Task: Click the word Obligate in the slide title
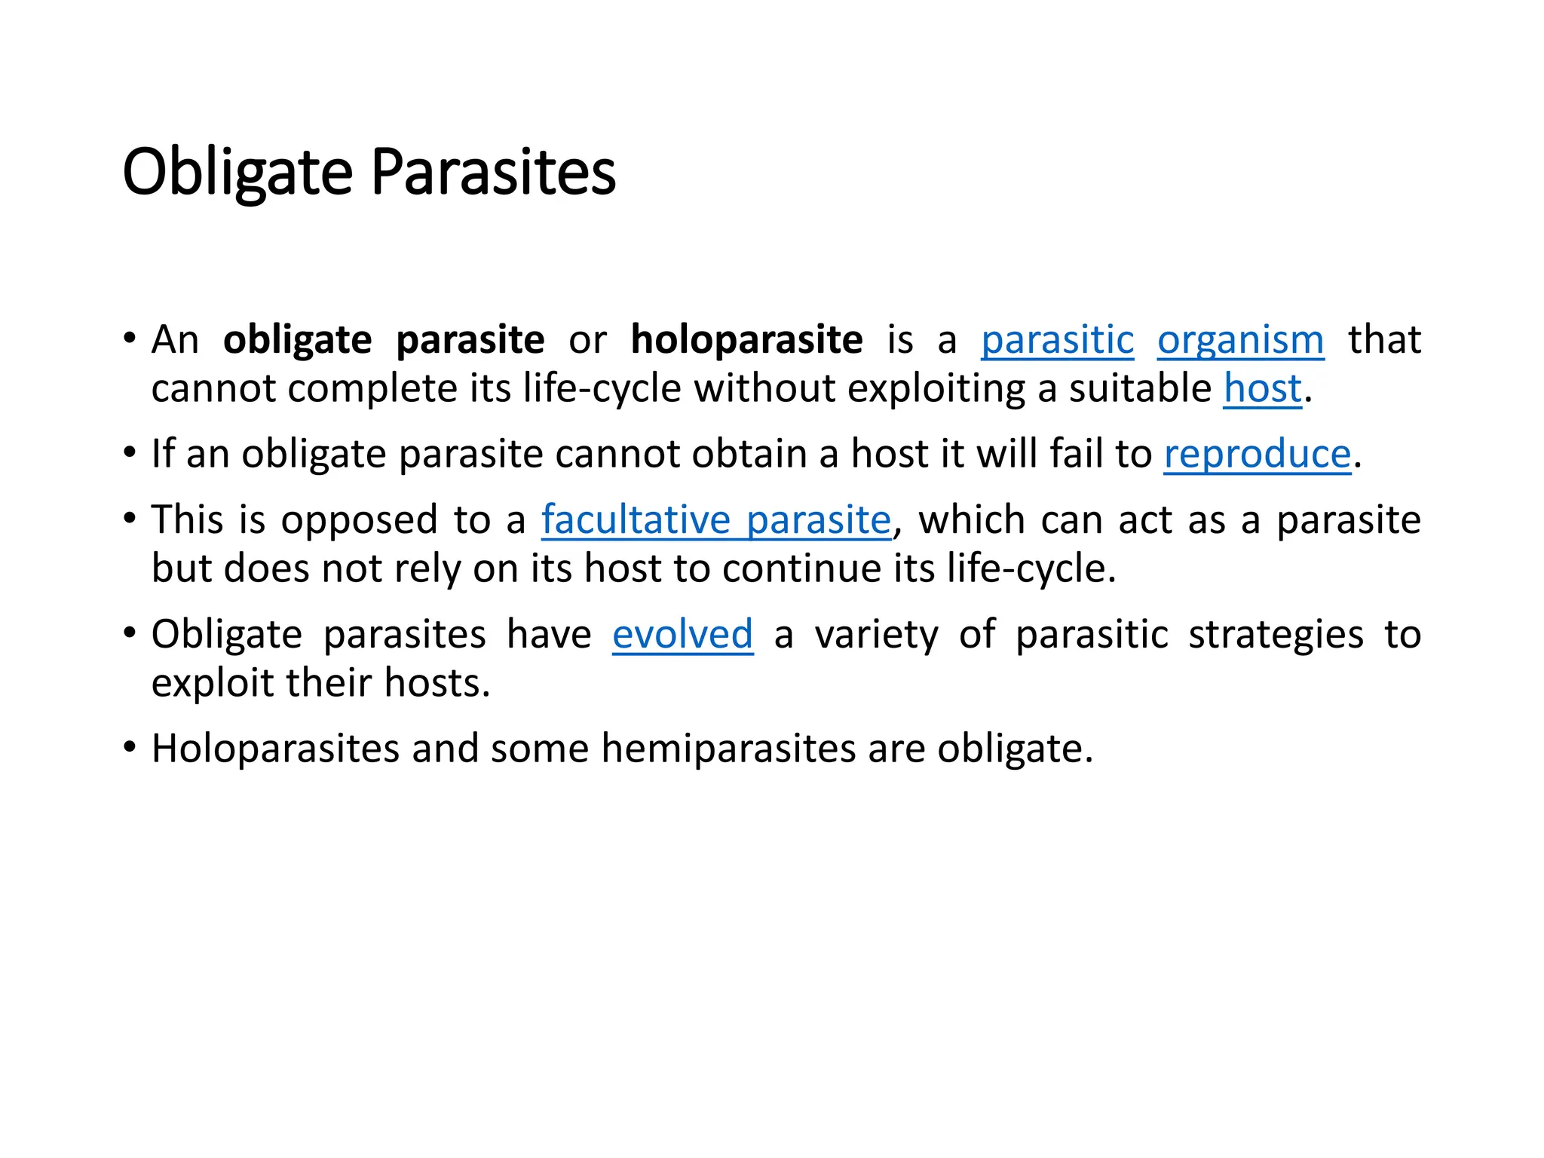(x=237, y=173)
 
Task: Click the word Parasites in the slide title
(x=493, y=173)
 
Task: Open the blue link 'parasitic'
(x=1057, y=340)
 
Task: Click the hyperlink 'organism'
(x=1240, y=340)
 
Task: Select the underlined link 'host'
(x=1262, y=389)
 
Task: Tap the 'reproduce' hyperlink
(x=1257, y=455)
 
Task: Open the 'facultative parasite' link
(x=716, y=520)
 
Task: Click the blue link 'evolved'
(x=682, y=635)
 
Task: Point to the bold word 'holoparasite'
(x=746, y=340)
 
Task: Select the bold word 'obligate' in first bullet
(x=297, y=340)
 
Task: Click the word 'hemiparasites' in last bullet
(x=728, y=749)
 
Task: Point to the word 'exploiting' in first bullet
(x=936, y=389)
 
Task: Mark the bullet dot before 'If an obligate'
(x=130, y=454)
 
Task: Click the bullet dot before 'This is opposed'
(x=130, y=519)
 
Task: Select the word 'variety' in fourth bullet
(x=876, y=635)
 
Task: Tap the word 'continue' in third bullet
(x=801, y=569)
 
